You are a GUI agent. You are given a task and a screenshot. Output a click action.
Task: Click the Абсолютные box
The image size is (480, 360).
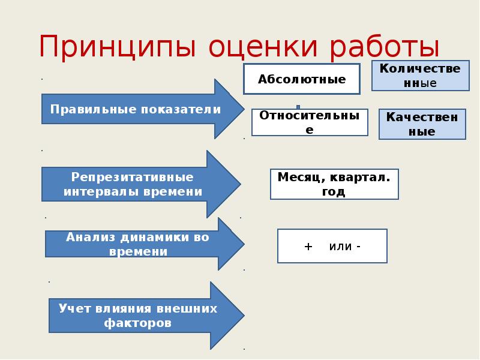[x=301, y=79]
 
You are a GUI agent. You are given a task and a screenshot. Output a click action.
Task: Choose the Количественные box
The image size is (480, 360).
[x=420, y=76]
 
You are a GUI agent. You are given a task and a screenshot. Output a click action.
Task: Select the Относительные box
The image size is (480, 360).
[x=309, y=122]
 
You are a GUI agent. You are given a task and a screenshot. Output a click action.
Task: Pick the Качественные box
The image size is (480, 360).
[x=422, y=124]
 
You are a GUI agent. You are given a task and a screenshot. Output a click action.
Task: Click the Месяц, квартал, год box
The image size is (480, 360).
[x=334, y=184]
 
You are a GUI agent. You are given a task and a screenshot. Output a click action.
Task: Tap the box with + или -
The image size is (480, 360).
[x=332, y=246]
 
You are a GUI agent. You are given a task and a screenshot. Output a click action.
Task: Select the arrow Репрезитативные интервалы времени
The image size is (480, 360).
[x=135, y=184]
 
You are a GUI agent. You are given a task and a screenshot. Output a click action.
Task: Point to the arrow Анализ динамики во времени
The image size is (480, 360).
[x=139, y=244]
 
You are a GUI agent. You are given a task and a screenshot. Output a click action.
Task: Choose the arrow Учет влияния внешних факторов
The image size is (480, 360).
[x=139, y=316]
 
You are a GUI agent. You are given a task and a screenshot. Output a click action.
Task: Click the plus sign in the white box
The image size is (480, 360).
[x=308, y=247]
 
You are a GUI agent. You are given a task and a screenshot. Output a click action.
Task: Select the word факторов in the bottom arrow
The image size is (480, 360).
[x=137, y=323]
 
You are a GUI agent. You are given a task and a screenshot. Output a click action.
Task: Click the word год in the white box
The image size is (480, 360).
[x=334, y=192]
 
